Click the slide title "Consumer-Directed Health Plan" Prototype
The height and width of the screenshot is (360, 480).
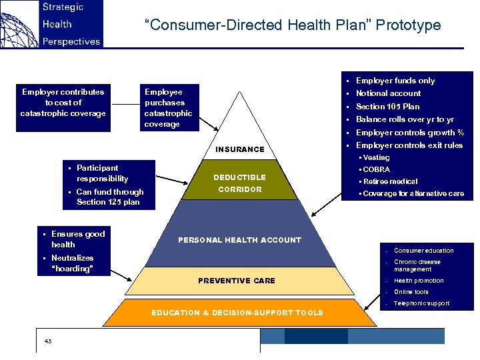pos(293,25)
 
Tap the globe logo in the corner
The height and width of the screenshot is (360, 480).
pos(18,24)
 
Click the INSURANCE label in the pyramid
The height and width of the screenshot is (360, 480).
pos(239,149)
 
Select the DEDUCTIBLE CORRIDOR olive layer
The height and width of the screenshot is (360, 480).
pos(239,183)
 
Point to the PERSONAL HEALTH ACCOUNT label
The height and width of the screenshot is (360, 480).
pos(239,240)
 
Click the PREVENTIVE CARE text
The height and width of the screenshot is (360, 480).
pos(237,281)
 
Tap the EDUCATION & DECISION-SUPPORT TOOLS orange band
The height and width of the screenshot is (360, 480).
pos(237,313)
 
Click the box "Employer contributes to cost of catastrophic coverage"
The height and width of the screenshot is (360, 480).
pos(63,103)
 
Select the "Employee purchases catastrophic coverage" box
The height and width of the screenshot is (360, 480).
pos(168,108)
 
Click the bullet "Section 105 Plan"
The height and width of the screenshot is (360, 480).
pos(387,107)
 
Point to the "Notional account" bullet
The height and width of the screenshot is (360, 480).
pos(388,93)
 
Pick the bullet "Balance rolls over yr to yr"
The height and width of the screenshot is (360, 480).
pos(405,119)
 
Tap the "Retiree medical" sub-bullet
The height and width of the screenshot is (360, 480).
pos(391,181)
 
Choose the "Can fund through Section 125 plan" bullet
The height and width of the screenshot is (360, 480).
pos(109,197)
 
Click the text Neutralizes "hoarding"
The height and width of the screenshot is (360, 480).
pos(72,263)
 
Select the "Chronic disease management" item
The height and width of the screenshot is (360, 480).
pos(417,265)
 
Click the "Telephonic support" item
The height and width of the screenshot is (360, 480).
pos(421,304)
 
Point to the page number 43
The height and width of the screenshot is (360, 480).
pos(47,341)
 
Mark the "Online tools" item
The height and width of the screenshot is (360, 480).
pos(411,292)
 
